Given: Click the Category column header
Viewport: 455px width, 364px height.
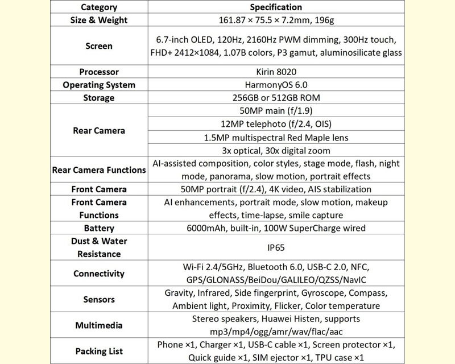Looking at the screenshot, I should point(99,7).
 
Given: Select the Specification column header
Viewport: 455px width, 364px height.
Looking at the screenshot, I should point(276,7).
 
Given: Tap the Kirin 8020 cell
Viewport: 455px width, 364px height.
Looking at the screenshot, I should point(276,72).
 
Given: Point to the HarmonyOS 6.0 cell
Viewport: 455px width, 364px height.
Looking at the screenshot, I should point(276,85).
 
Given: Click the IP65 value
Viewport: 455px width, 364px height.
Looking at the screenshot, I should point(276,247).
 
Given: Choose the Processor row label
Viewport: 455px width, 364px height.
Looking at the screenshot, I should point(99,72).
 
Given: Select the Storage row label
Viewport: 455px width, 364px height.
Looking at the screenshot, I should point(99,98).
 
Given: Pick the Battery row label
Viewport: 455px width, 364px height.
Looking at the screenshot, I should point(99,228).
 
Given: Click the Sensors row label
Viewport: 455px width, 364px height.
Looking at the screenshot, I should point(99,299).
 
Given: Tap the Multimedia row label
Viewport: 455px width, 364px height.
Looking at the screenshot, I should point(99,325).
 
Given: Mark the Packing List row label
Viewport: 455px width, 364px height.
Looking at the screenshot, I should point(99,351).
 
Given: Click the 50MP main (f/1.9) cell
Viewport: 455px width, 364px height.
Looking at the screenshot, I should point(276,111).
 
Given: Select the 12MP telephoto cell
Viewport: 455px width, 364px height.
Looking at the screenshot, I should point(276,124).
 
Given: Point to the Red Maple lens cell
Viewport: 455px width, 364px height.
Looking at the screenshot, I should point(276,137).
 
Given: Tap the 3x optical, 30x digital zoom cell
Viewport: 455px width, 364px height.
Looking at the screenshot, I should point(276,150).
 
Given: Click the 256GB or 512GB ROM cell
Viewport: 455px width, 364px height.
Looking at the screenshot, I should point(276,98).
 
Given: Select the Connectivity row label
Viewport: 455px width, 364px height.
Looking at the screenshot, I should point(99,274).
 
